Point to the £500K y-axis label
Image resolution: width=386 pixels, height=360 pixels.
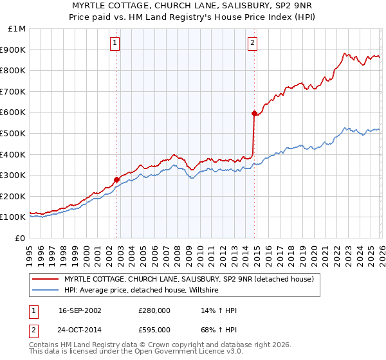tap(14, 134)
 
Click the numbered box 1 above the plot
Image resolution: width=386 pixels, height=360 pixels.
tap(115, 43)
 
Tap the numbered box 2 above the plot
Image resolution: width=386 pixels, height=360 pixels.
tap(252, 43)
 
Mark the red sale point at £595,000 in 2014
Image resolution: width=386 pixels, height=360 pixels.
tap(254, 114)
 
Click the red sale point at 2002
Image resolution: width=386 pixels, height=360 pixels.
tap(117, 179)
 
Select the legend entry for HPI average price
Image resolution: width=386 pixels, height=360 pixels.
tap(142, 291)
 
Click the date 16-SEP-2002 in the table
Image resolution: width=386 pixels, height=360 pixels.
tap(80, 310)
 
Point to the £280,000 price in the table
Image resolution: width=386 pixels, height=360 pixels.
tap(154, 310)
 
